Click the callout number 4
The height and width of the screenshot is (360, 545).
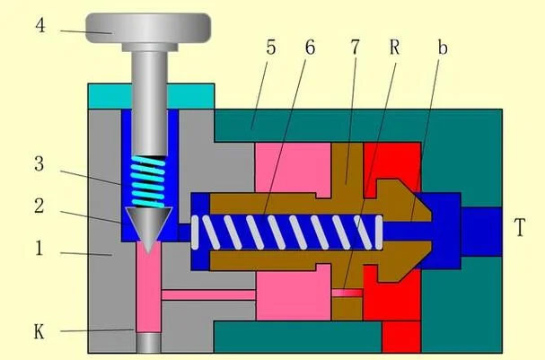pos(40,26)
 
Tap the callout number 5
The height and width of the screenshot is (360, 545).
pos(271,47)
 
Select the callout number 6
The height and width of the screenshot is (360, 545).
pos(310,47)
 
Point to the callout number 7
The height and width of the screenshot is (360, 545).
pos(355,47)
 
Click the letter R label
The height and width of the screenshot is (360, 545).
pos(394,48)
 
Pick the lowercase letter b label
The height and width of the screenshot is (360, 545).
pos(442,48)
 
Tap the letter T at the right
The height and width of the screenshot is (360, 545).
pos(520,227)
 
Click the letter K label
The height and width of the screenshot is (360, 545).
pos(39,331)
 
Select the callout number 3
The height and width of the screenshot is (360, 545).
pos(40,163)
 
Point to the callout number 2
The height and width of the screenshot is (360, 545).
pos(40,206)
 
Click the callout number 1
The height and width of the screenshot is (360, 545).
pos(40,249)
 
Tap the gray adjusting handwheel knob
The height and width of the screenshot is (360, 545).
pos(148,28)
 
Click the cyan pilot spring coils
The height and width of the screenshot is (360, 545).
pos(148,181)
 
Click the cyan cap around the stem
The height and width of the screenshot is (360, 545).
pos(151,96)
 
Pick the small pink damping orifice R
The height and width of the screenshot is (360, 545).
pos(347,293)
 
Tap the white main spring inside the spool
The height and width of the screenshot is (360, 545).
pos(287,233)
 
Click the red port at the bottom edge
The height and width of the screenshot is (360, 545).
pos(401,337)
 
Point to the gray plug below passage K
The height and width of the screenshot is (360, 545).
pos(148,343)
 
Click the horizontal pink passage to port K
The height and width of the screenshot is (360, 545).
pos(208,295)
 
